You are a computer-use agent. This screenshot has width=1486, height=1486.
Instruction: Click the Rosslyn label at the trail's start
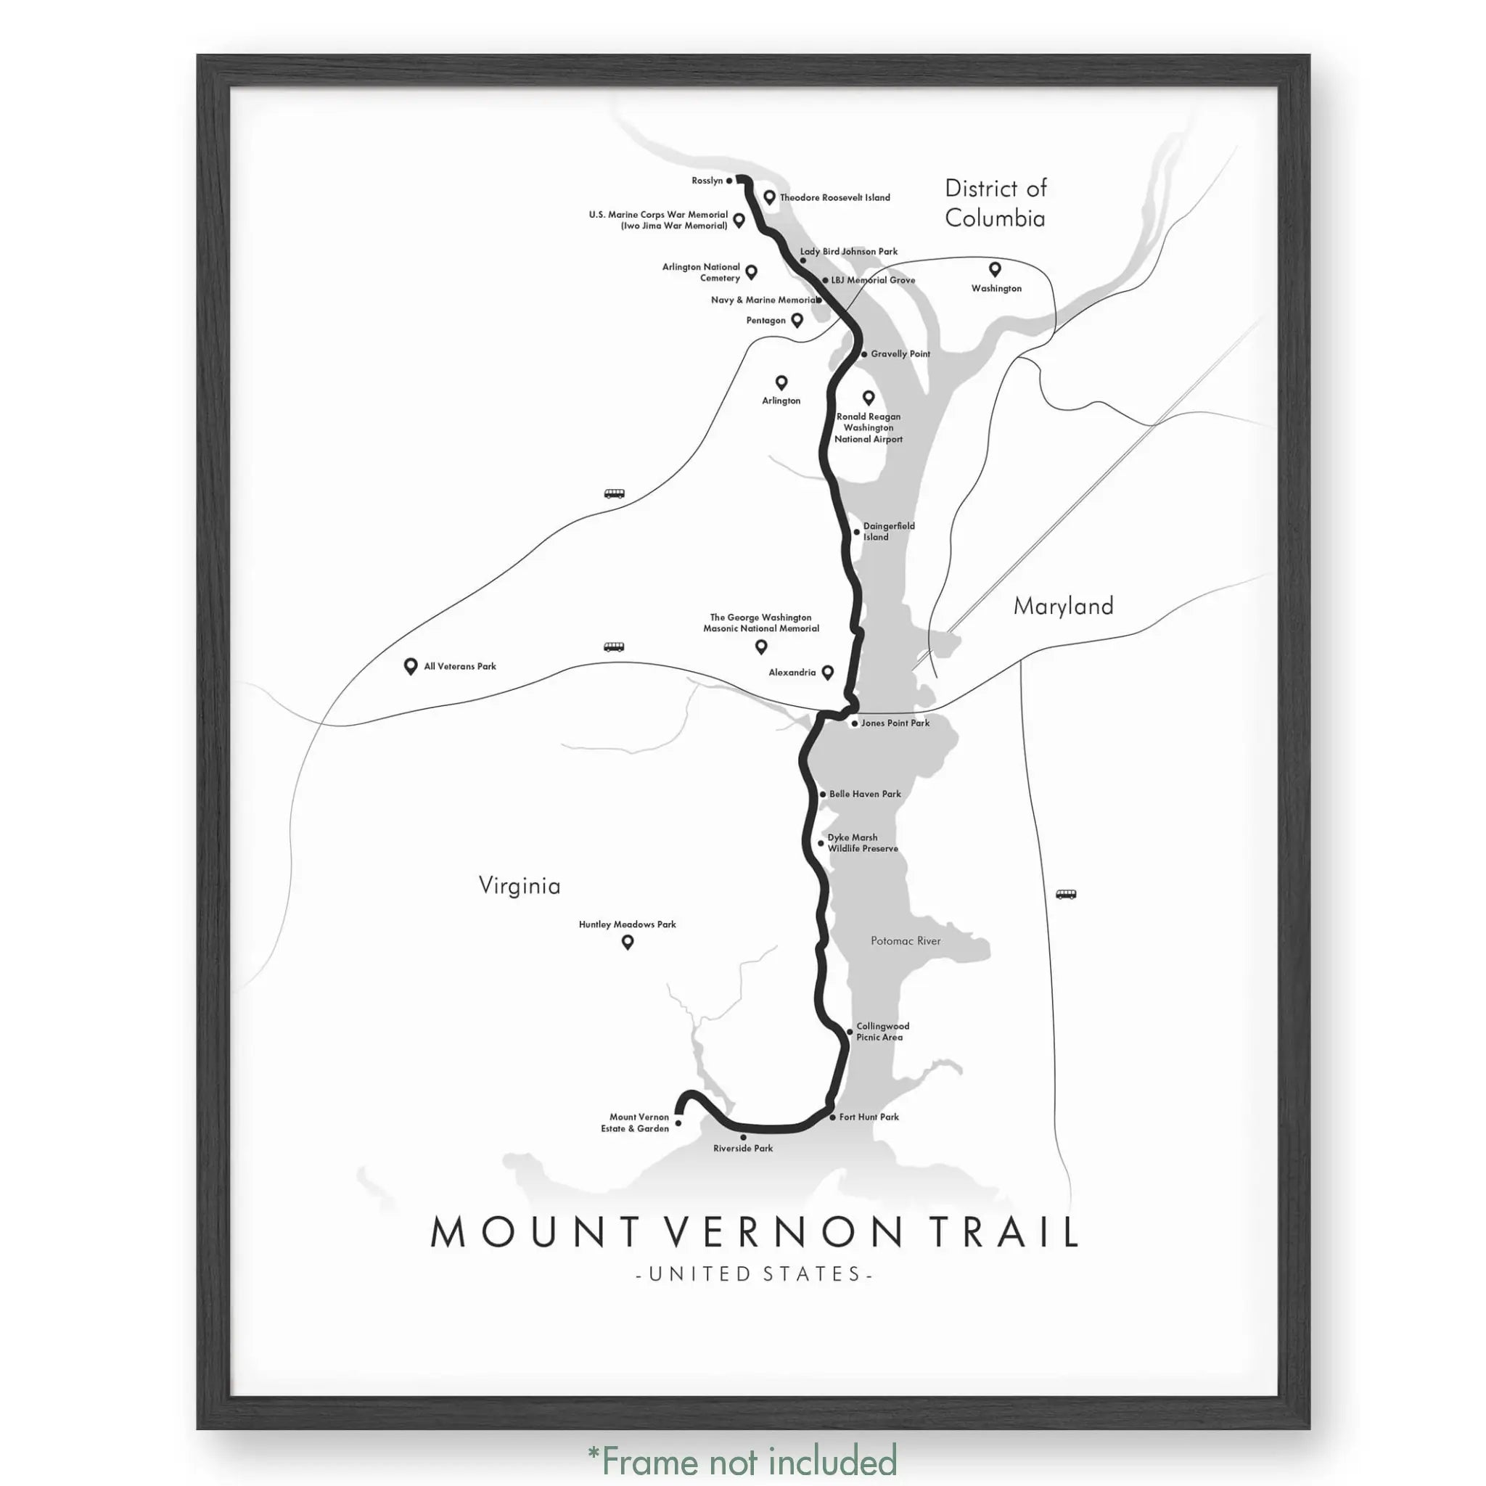click(707, 181)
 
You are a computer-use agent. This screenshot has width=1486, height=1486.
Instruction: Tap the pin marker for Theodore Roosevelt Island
click(768, 197)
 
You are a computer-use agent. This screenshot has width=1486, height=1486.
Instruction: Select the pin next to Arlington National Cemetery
click(752, 271)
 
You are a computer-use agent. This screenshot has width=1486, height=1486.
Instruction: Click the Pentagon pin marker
click(797, 319)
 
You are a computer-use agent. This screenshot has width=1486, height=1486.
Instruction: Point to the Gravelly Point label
click(900, 354)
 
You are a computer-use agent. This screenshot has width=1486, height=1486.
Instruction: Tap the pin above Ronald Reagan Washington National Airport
click(869, 397)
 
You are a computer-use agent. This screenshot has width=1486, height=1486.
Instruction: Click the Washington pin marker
click(995, 268)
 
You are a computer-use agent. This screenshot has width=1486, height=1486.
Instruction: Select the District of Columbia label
click(996, 203)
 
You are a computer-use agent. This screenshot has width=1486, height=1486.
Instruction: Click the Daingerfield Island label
click(888, 531)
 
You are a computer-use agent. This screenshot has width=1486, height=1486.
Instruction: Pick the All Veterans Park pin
click(411, 666)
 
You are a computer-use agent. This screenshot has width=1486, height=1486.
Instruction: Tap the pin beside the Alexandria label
click(828, 672)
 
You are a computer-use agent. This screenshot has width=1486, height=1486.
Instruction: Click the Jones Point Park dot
click(855, 723)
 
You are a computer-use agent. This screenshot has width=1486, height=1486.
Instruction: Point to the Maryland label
click(1063, 606)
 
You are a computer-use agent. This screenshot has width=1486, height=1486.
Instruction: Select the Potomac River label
click(906, 940)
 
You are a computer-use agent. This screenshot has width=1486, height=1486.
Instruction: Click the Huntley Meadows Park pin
click(628, 941)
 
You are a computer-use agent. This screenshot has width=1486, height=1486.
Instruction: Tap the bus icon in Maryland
click(1065, 894)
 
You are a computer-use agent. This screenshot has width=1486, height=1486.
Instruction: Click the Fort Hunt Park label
click(869, 1117)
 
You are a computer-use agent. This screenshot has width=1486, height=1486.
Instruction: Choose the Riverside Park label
click(742, 1149)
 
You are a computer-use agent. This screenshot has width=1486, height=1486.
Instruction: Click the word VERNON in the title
click(781, 1231)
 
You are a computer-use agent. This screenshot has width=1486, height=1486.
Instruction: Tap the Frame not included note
click(742, 1459)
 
